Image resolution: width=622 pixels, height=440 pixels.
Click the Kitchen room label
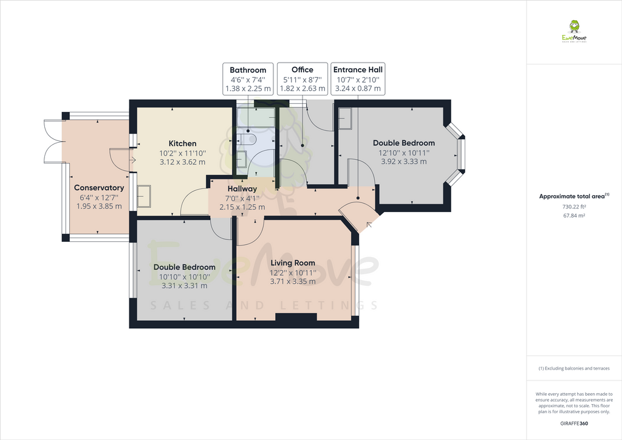pyautogui.click(x=182, y=143)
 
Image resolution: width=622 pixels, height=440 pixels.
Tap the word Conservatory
pyautogui.click(x=99, y=188)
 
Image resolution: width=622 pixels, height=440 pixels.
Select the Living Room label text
pyautogui.click(x=293, y=263)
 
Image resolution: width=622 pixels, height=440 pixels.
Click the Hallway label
pyautogui.click(x=242, y=189)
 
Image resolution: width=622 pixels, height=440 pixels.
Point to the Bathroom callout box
pyautogui.click(x=248, y=79)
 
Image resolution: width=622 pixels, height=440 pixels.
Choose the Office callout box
pyautogui.click(x=302, y=79)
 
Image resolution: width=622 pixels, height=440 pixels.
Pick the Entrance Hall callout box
pyautogui.click(x=358, y=79)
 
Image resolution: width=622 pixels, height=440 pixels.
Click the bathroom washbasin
pyautogui.click(x=241, y=160)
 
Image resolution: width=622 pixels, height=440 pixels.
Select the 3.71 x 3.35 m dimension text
pyautogui.click(x=293, y=281)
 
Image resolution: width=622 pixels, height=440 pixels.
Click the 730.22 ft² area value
pyautogui.click(x=573, y=207)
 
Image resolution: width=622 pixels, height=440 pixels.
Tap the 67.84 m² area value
pyautogui.click(x=573, y=215)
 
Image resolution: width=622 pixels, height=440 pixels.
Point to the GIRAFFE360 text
pyautogui.click(x=573, y=423)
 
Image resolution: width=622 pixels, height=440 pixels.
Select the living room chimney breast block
pyautogui.click(x=296, y=317)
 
